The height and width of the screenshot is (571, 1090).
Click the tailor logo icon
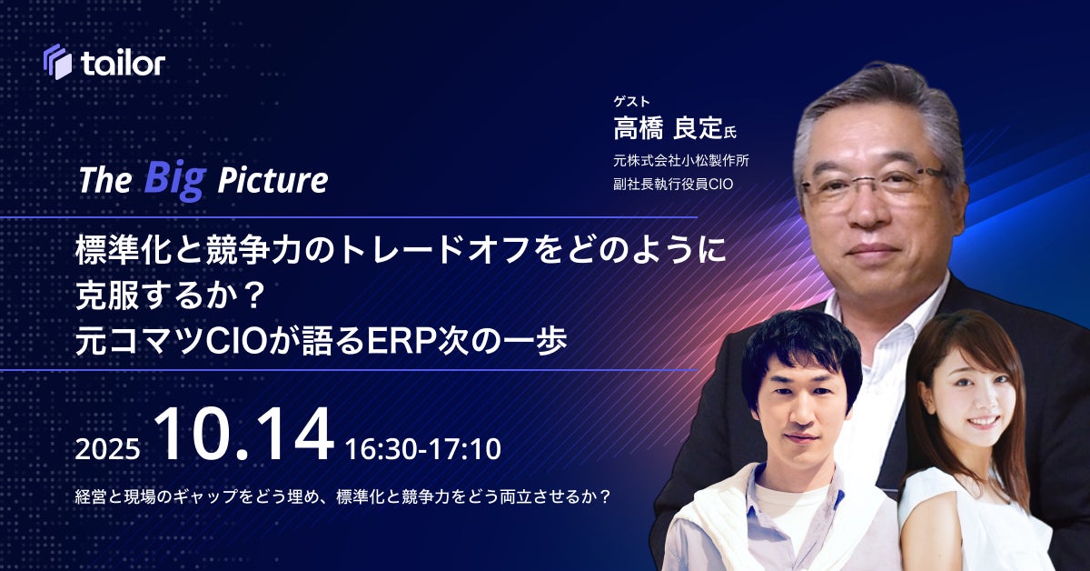pos(57,62)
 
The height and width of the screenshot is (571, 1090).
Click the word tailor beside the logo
pos(124,63)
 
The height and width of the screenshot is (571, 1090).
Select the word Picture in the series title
pos(273,180)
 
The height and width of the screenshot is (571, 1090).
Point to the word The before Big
pos(105,180)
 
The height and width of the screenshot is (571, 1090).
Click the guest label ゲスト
pos(631,101)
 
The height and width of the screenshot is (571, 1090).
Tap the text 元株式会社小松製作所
pos(681,160)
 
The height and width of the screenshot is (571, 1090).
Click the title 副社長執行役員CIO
pos(673,185)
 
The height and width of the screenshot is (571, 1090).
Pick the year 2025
pos(107,449)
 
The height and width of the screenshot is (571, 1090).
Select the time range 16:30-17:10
pos(423,449)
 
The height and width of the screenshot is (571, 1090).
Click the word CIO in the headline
pos(237,341)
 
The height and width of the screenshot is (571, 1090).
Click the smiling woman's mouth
pos(984,422)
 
